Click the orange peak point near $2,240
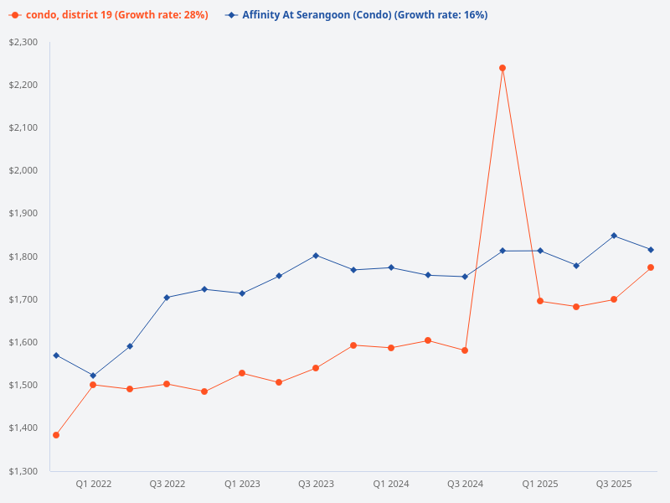click(x=502, y=68)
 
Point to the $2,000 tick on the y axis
click(x=24, y=171)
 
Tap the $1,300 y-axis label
click(x=24, y=471)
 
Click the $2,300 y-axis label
click(x=24, y=42)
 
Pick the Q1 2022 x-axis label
click(x=93, y=484)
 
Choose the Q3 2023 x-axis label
click(x=316, y=484)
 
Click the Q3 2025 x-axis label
click(x=614, y=484)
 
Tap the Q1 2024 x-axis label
click(x=390, y=484)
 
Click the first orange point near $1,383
click(x=56, y=435)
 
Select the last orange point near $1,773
click(x=651, y=267)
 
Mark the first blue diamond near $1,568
click(x=56, y=355)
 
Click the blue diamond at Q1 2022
click(x=93, y=376)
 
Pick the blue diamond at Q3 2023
click(x=316, y=256)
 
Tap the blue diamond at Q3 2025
click(x=614, y=236)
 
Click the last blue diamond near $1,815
click(x=651, y=250)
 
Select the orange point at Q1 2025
click(x=540, y=301)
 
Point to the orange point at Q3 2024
click(x=465, y=350)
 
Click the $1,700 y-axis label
click(x=24, y=299)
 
